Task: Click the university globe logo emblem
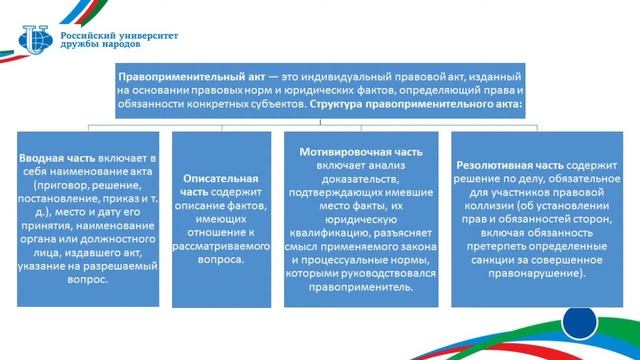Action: pos(36,40)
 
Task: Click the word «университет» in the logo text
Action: pos(148,36)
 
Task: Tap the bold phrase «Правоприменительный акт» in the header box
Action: pos(191,77)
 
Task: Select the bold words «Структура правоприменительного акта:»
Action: pos(416,104)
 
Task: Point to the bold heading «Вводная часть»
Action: pos(57,158)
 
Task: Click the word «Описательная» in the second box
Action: pos(221,178)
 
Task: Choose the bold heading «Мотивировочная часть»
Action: pos(361,152)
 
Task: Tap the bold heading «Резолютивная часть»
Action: pos(509,165)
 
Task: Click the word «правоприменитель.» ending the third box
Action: pos(361,287)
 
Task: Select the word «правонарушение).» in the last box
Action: pos(537,273)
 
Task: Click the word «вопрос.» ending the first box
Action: pos(88,280)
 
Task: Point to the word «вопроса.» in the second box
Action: pos(221,260)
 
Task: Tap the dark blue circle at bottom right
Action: pos(579,322)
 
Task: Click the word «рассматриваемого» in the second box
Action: pos(221,246)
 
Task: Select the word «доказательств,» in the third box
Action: pos(361,179)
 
